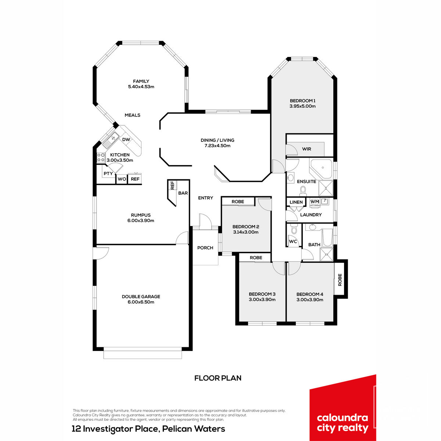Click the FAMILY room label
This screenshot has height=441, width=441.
(141, 81)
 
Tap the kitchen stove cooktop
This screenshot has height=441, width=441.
(101, 157)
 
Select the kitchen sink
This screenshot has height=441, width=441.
(111, 139)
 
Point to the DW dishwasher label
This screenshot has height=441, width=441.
(126, 139)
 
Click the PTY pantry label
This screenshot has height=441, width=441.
(108, 173)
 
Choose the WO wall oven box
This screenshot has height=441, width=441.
(122, 179)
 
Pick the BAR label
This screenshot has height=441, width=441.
(183, 193)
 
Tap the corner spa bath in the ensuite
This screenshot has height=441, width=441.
(320, 169)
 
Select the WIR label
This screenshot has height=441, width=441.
(306, 149)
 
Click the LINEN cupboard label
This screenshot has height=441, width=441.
(296, 202)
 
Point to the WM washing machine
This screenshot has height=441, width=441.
(315, 202)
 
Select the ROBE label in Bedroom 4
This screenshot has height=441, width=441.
(340, 280)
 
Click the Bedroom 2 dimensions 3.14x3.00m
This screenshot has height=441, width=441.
(246, 232)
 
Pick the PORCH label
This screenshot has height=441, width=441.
(205, 248)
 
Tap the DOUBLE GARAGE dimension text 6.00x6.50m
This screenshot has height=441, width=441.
(141, 302)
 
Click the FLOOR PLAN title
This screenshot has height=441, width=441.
(218, 378)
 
